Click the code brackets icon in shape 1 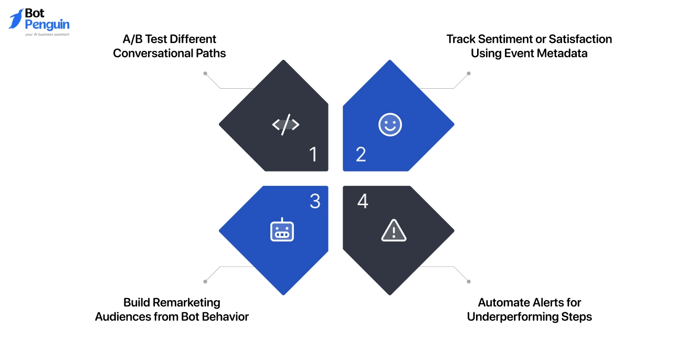pyautogui.click(x=286, y=125)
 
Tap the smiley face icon pyautogui.click(x=390, y=125)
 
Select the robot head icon pyautogui.click(x=282, y=230)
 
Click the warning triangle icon pyautogui.click(x=394, y=230)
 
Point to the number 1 pyautogui.click(x=313, y=154)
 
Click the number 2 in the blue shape pyautogui.click(x=361, y=154)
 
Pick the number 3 pyautogui.click(x=314, y=202)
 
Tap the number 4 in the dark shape pyautogui.click(x=362, y=202)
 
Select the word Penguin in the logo pyautogui.click(x=47, y=25)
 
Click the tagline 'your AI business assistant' pyautogui.click(x=47, y=35)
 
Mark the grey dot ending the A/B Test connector pyautogui.click(x=205, y=73)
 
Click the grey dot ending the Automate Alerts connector pyautogui.click(x=469, y=282)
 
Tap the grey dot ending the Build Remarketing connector pyautogui.click(x=205, y=282)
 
